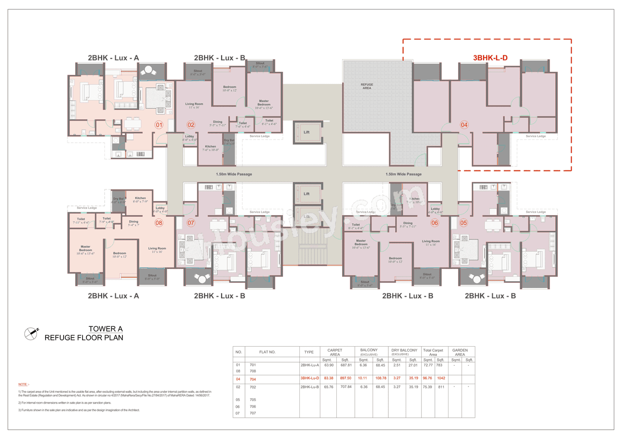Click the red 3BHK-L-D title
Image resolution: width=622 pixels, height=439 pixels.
[x=490, y=58]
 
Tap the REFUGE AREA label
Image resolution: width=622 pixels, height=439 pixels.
[x=367, y=86]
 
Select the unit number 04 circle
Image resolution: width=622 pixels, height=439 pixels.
[x=464, y=125]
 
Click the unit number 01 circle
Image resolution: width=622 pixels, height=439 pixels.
[x=158, y=125]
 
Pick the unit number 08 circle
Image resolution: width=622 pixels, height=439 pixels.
[x=158, y=223]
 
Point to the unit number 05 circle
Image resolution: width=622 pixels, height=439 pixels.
[x=464, y=223]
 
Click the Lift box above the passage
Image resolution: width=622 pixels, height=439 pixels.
[x=307, y=132]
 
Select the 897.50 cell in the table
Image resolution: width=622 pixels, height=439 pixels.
[x=345, y=379]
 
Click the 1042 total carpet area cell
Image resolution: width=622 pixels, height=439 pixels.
[x=441, y=379]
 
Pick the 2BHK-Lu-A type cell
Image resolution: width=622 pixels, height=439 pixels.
[x=309, y=365]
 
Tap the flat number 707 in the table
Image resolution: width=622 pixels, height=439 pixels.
[x=253, y=413]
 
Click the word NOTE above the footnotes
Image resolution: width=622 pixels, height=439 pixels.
[x=24, y=384]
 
